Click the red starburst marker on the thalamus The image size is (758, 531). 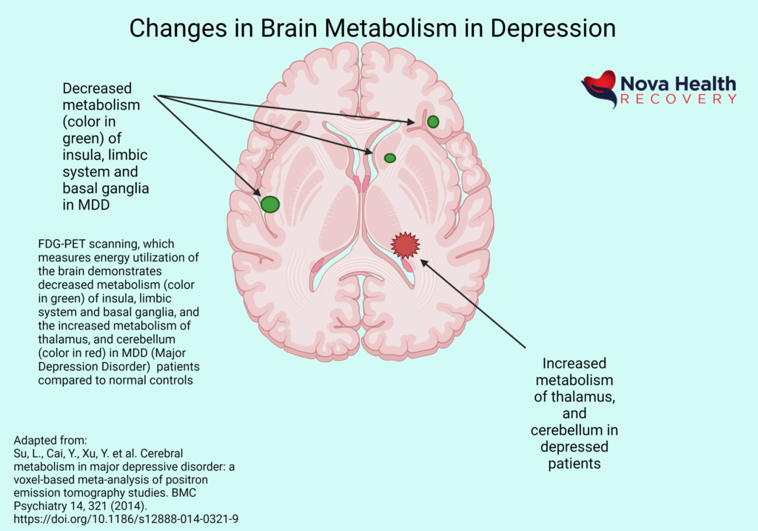pos(405,244)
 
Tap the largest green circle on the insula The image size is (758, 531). pos(270,204)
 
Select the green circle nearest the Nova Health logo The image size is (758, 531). pos(433,121)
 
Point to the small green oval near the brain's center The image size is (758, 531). pos(389,158)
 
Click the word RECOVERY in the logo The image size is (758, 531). pos(678,99)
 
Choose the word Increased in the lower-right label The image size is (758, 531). pos(574,364)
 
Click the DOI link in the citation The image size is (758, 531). pos(126,519)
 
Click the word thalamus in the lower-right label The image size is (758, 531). pos(578,397)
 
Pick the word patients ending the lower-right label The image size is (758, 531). pos(574,464)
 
